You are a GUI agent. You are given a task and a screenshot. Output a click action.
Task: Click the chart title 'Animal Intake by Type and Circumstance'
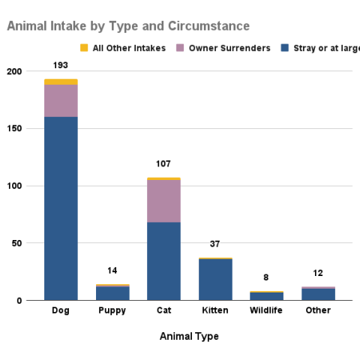coord(128,26)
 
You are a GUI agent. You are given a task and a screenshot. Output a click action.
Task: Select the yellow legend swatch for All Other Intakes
coord(84,49)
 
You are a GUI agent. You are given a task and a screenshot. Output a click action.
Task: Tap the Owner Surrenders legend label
coord(229,49)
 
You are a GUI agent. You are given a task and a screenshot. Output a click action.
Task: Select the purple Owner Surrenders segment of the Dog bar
coord(61,100)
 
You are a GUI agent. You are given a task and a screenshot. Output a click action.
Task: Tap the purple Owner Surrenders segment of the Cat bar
coord(163,201)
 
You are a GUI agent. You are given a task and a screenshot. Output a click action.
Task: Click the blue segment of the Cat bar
coord(163,261)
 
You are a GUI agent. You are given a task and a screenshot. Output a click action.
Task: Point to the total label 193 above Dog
coord(61,64)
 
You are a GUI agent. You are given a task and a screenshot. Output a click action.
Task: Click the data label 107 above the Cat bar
coord(163,163)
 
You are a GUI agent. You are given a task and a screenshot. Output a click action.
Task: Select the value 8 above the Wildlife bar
coord(266,277)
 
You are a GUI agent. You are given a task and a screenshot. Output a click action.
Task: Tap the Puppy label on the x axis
coord(112,310)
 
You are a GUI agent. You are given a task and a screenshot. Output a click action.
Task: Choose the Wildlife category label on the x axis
coord(266,310)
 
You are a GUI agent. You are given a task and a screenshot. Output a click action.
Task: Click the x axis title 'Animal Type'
coord(189,337)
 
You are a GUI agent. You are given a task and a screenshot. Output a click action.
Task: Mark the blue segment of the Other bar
coord(318,295)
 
